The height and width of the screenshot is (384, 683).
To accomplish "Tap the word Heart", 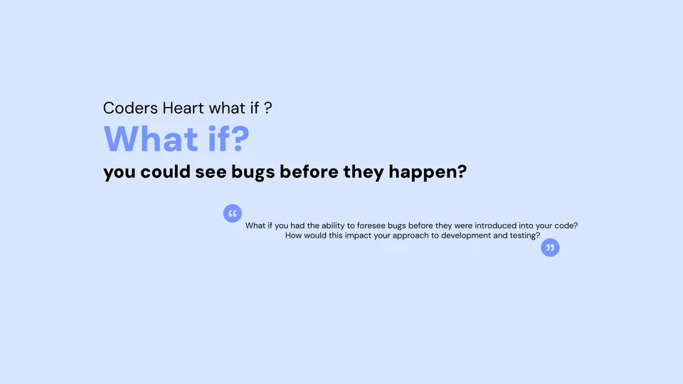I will [x=184, y=108].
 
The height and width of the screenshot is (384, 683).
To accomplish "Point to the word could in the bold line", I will [x=166, y=172].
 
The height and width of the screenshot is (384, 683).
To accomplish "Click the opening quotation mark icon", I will [x=233, y=213].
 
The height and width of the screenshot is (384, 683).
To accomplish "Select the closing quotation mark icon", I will [x=550, y=247].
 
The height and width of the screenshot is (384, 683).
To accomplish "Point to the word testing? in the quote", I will [x=525, y=236].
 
